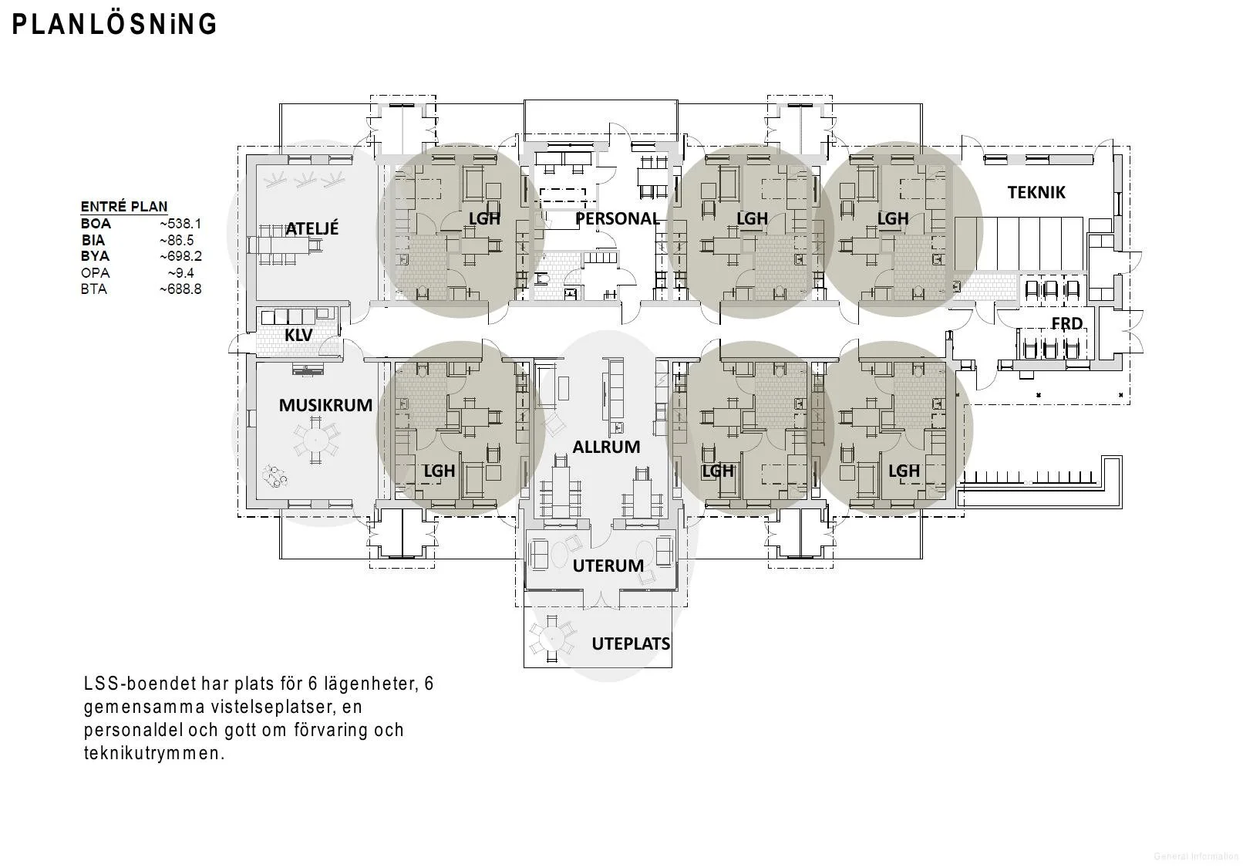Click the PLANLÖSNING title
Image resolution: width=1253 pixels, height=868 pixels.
coord(114,24)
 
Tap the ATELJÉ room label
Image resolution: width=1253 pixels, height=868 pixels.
coord(312,228)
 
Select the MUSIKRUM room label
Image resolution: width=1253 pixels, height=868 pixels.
coord(325,404)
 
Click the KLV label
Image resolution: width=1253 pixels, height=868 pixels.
coord(298,335)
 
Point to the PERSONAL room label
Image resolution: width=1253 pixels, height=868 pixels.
coord(618,218)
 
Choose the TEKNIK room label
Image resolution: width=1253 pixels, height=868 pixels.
coord(1036,193)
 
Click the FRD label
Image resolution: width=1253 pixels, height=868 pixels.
coord(1066,323)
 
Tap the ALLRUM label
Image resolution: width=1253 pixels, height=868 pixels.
coord(606,447)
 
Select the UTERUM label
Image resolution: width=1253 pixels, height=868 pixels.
coord(608,566)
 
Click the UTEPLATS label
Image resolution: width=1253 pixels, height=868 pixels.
coord(631,643)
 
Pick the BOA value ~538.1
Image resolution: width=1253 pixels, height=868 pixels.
coord(180,224)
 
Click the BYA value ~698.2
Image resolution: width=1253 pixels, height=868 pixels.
coord(180,256)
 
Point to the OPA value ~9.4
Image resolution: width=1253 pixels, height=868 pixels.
coord(180,273)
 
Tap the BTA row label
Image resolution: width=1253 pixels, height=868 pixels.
coord(93,289)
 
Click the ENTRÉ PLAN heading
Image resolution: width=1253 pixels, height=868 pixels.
coord(124,207)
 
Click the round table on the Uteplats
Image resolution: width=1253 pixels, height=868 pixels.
coord(553,638)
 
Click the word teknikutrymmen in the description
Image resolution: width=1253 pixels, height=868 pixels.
coord(153,753)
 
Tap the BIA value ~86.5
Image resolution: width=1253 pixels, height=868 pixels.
coord(177,240)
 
